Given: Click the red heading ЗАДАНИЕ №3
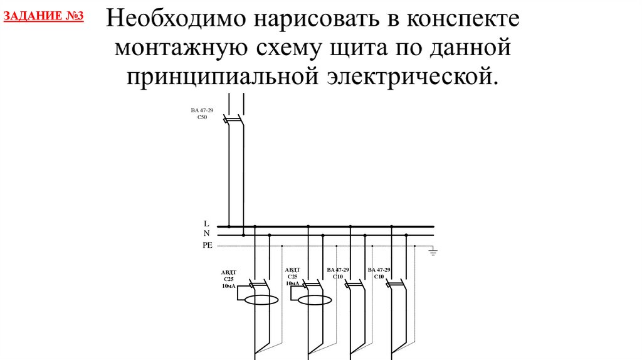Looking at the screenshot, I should click(x=44, y=15).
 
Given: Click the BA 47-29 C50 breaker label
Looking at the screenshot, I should click(x=202, y=113).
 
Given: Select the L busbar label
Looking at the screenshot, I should click(x=206, y=223).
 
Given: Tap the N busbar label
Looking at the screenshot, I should click(x=206, y=233).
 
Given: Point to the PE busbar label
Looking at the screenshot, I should click(x=208, y=245).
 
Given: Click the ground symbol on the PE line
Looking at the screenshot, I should click(x=432, y=251).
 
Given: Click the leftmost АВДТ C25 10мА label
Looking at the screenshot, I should click(x=228, y=279).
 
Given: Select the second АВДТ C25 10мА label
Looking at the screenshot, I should click(x=293, y=277).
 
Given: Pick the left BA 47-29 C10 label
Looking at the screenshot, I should click(x=337, y=273).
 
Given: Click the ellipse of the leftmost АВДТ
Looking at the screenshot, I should click(x=261, y=300).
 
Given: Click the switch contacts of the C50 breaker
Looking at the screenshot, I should click(x=234, y=118).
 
